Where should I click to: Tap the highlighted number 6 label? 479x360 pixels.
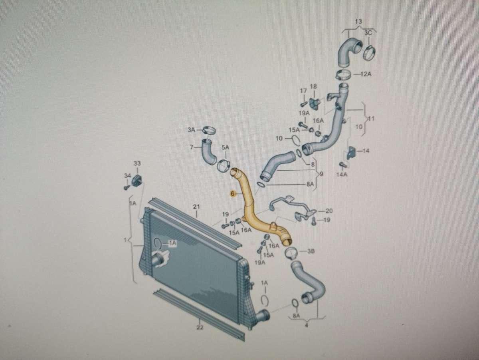pyautogui.click(x=232, y=194)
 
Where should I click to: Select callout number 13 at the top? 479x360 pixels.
pyautogui.click(x=358, y=21)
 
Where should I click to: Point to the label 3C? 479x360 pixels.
pyautogui.click(x=368, y=33)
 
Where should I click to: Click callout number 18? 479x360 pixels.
pyautogui.click(x=313, y=86)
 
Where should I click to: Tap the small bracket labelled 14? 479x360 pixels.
pyautogui.click(x=351, y=152)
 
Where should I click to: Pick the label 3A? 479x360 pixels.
pyautogui.click(x=192, y=129)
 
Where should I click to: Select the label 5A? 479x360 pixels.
pyautogui.click(x=225, y=147)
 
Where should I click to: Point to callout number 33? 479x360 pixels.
pyautogui.click(x=137, y=163)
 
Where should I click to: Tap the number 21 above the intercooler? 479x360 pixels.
pyautogui.click(x=196, y=207)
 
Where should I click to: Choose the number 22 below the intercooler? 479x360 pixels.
pyautogui.click(x=200, y=328)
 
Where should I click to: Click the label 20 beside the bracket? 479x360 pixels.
pyautogui.click(x=329, y=211)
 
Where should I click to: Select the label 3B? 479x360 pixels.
pyautogui.click(x=311, y=251)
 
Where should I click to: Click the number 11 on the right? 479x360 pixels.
pyautogui.click(x=371, y=119)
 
